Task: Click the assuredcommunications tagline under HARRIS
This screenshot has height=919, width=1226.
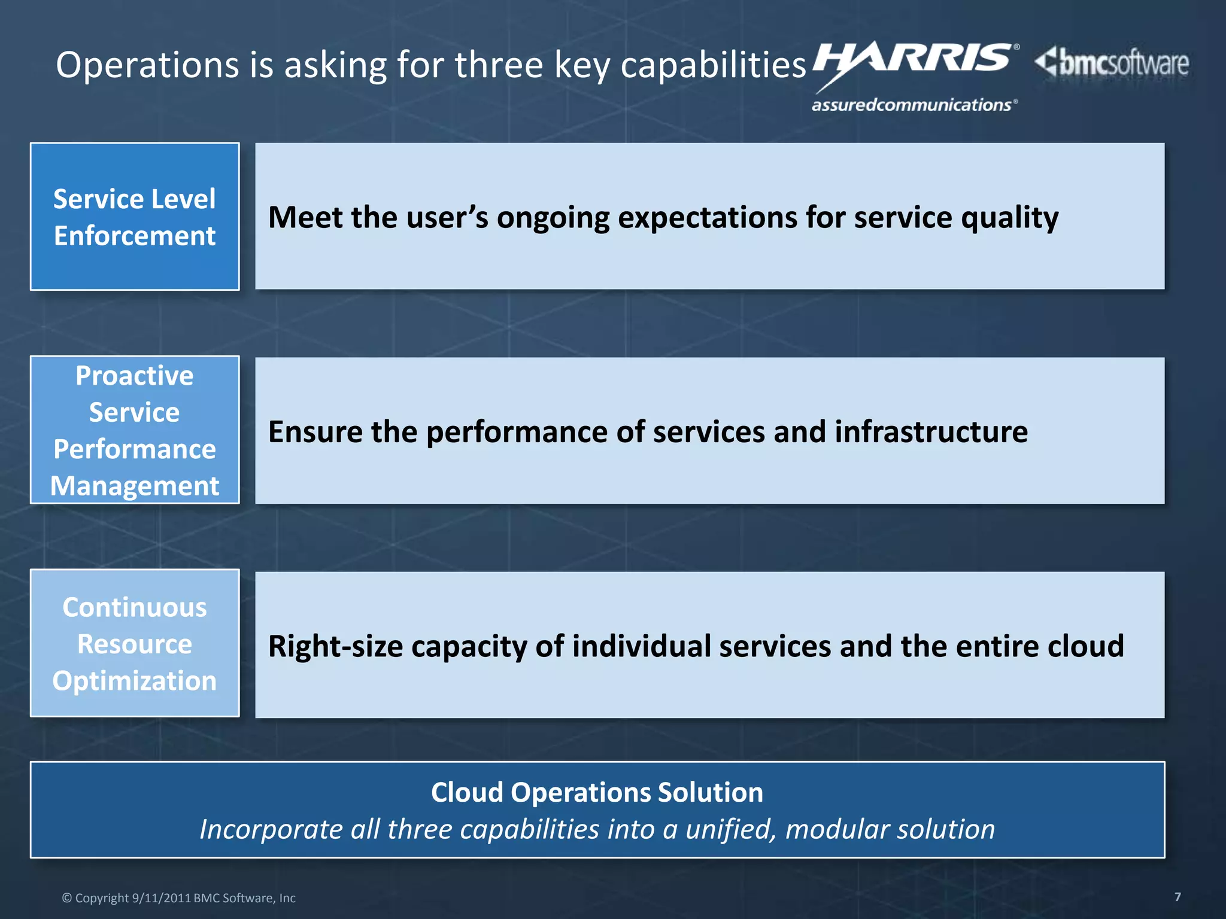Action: coord(914,105)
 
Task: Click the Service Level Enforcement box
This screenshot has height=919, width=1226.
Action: coord(135,217)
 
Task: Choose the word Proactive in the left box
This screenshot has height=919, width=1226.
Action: coord(135,376)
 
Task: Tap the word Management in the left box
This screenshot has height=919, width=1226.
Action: coord(135,486)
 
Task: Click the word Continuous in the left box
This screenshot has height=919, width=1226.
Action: coord(135,607)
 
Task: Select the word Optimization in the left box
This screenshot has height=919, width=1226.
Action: coord(135,681)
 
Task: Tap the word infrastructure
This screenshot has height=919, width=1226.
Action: coord(931,432)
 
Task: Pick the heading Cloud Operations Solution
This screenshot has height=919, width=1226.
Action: coord(597,792)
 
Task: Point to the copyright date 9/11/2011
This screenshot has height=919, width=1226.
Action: coord(161,898)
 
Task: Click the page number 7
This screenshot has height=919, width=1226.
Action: coord(1178,896)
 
